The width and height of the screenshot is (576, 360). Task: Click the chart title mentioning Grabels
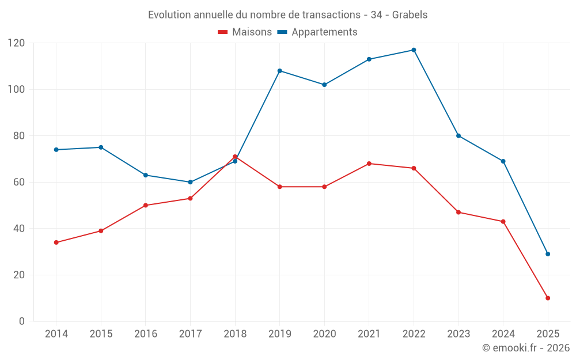(x=287, y=15)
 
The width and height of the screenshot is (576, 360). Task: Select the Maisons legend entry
(x=245, y=32)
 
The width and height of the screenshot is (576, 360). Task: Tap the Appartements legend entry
(x=317, y=32)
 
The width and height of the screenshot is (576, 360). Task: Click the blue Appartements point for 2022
(x=414, y=50)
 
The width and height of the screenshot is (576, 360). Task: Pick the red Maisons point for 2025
(x=548, y=298)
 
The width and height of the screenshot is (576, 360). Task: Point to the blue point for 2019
(x=279, y=71)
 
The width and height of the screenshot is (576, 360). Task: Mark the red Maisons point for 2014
(x=56, y=242)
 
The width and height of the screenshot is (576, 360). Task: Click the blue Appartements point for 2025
(x=548, y=254)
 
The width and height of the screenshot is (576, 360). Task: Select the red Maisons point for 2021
(x=369, y=164)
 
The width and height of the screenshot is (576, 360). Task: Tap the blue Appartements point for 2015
(x=101, y=147)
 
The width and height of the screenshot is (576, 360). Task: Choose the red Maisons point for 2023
(x=458, y=213)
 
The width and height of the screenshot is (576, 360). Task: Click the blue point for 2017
(x=190, y=182)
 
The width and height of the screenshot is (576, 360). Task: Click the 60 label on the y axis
(x=19, y=182)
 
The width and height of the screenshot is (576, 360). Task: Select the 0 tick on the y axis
(x=22, y=321)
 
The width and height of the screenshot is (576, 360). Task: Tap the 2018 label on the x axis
(x=235, y=334)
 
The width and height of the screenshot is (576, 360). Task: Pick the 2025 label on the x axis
(x=548, y=334)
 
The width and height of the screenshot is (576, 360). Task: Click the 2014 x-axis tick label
(x=56, y=334)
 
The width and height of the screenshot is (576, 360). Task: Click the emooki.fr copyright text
(x=525, y=348)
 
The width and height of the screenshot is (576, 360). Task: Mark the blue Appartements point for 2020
(x=324, y=85)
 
